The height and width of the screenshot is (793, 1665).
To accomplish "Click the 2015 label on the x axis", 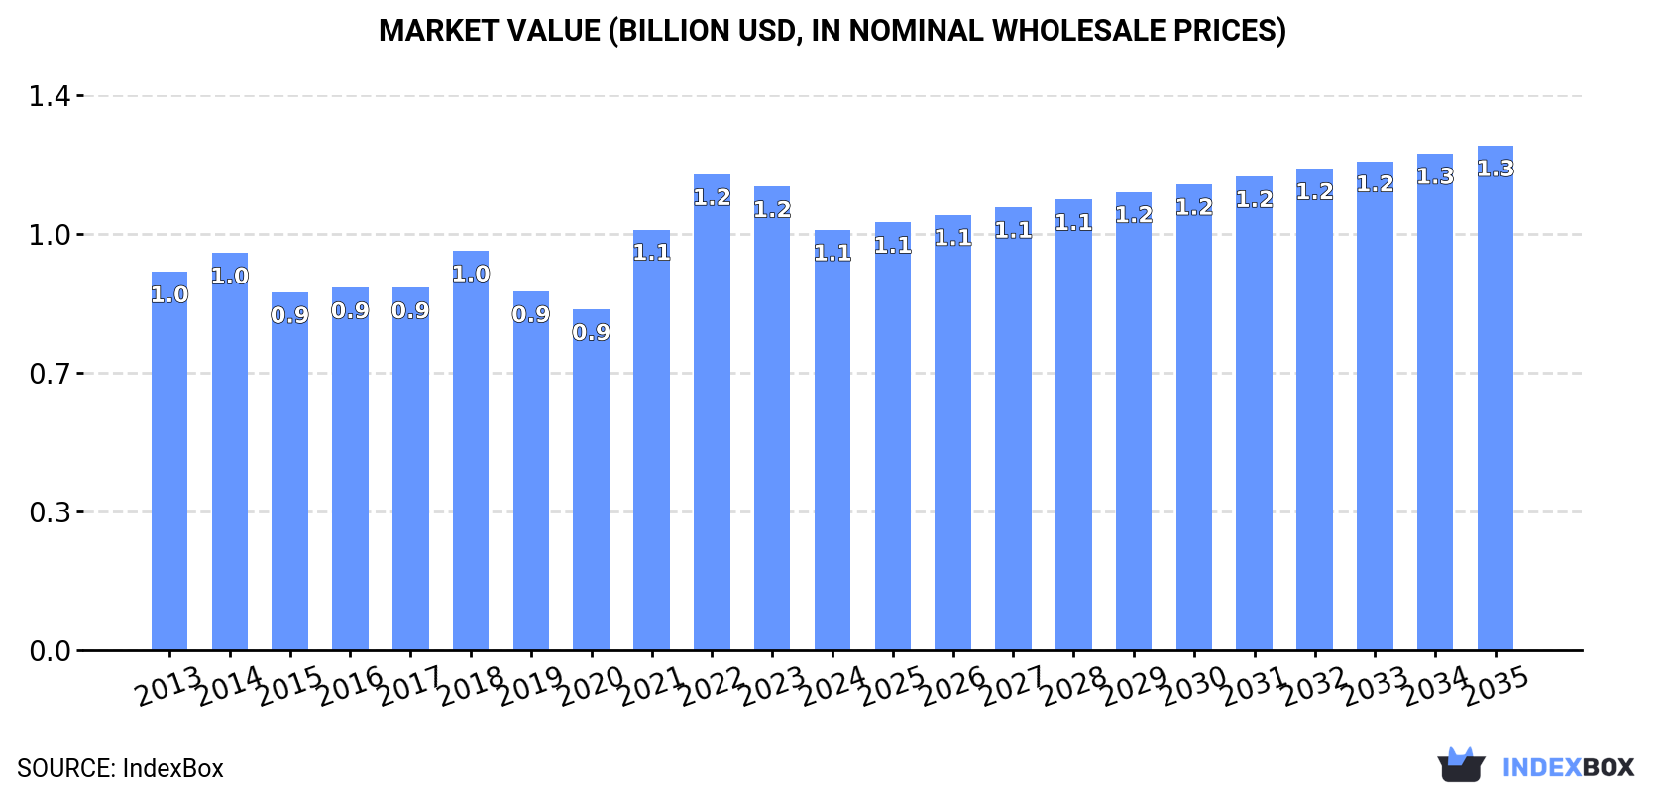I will click(x=290, y=686).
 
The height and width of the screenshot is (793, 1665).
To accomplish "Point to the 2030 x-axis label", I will click(x=1194, y=686).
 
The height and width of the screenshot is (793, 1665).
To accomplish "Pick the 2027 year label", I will click(x=1014, y=686).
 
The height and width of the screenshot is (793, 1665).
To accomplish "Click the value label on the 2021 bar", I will click(x=652, y=253).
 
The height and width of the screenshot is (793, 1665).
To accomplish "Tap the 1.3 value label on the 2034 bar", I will click(x=1435, y=176).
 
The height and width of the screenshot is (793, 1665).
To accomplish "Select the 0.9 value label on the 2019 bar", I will click(x=531, y=314).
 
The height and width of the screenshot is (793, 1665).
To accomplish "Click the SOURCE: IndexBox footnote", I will click(x=120, y=768).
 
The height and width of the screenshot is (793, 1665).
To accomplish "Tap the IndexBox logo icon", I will click(x=1461, y=765).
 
